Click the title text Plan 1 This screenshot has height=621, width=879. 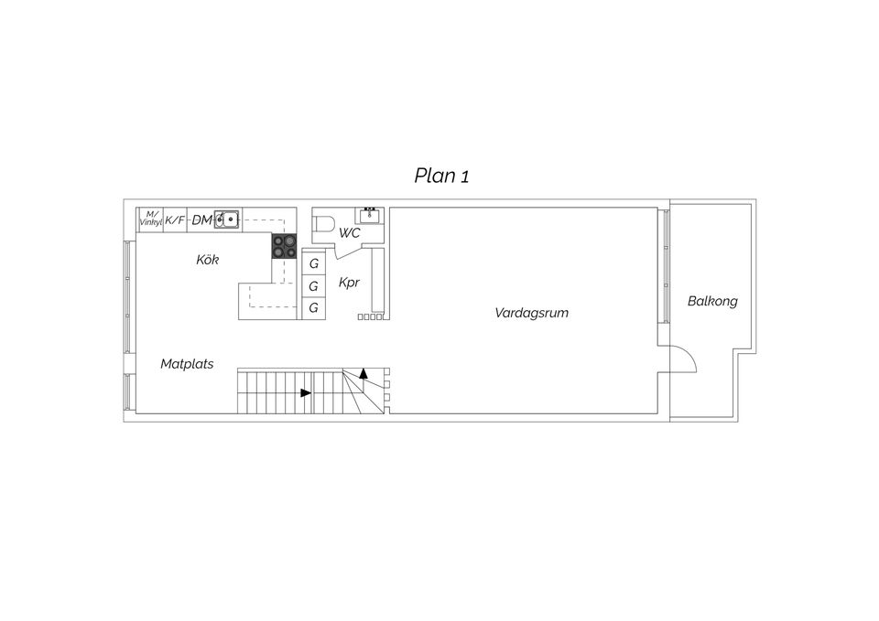441,176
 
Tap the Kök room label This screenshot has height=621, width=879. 208,261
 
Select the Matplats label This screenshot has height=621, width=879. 187,364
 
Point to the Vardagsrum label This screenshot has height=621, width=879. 531,313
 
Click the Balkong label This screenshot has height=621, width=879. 712,301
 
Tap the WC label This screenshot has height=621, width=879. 350,233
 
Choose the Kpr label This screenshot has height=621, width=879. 349,283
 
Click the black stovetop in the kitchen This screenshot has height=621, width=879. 284,245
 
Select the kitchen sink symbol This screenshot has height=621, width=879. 227,219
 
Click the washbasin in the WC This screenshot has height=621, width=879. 370,216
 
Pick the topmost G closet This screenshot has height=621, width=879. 314,264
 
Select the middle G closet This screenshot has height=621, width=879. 314,286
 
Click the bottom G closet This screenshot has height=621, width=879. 314,308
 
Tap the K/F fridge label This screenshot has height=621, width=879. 175,220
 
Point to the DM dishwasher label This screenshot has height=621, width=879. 201,220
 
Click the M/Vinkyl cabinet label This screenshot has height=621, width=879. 149,219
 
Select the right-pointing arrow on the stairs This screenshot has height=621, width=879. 306,393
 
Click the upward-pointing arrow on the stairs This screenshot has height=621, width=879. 364,373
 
